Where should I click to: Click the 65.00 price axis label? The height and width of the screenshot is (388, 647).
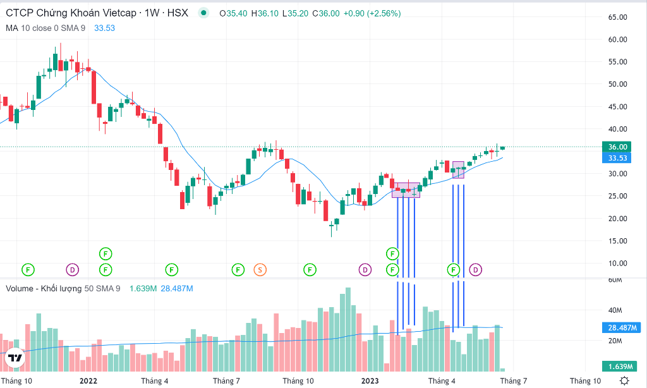617,17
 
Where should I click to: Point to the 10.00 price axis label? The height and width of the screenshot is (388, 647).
617,264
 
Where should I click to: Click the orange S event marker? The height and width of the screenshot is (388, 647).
260,270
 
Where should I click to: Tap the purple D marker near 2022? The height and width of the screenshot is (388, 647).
73,270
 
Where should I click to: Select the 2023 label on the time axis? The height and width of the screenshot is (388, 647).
369,381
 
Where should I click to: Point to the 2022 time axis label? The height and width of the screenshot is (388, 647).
88,381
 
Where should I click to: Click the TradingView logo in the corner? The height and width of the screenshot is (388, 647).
15,358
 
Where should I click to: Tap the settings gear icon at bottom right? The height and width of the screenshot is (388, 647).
624,380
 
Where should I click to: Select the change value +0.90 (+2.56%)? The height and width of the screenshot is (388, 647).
372,13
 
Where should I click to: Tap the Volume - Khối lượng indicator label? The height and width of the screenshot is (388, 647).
44,289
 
